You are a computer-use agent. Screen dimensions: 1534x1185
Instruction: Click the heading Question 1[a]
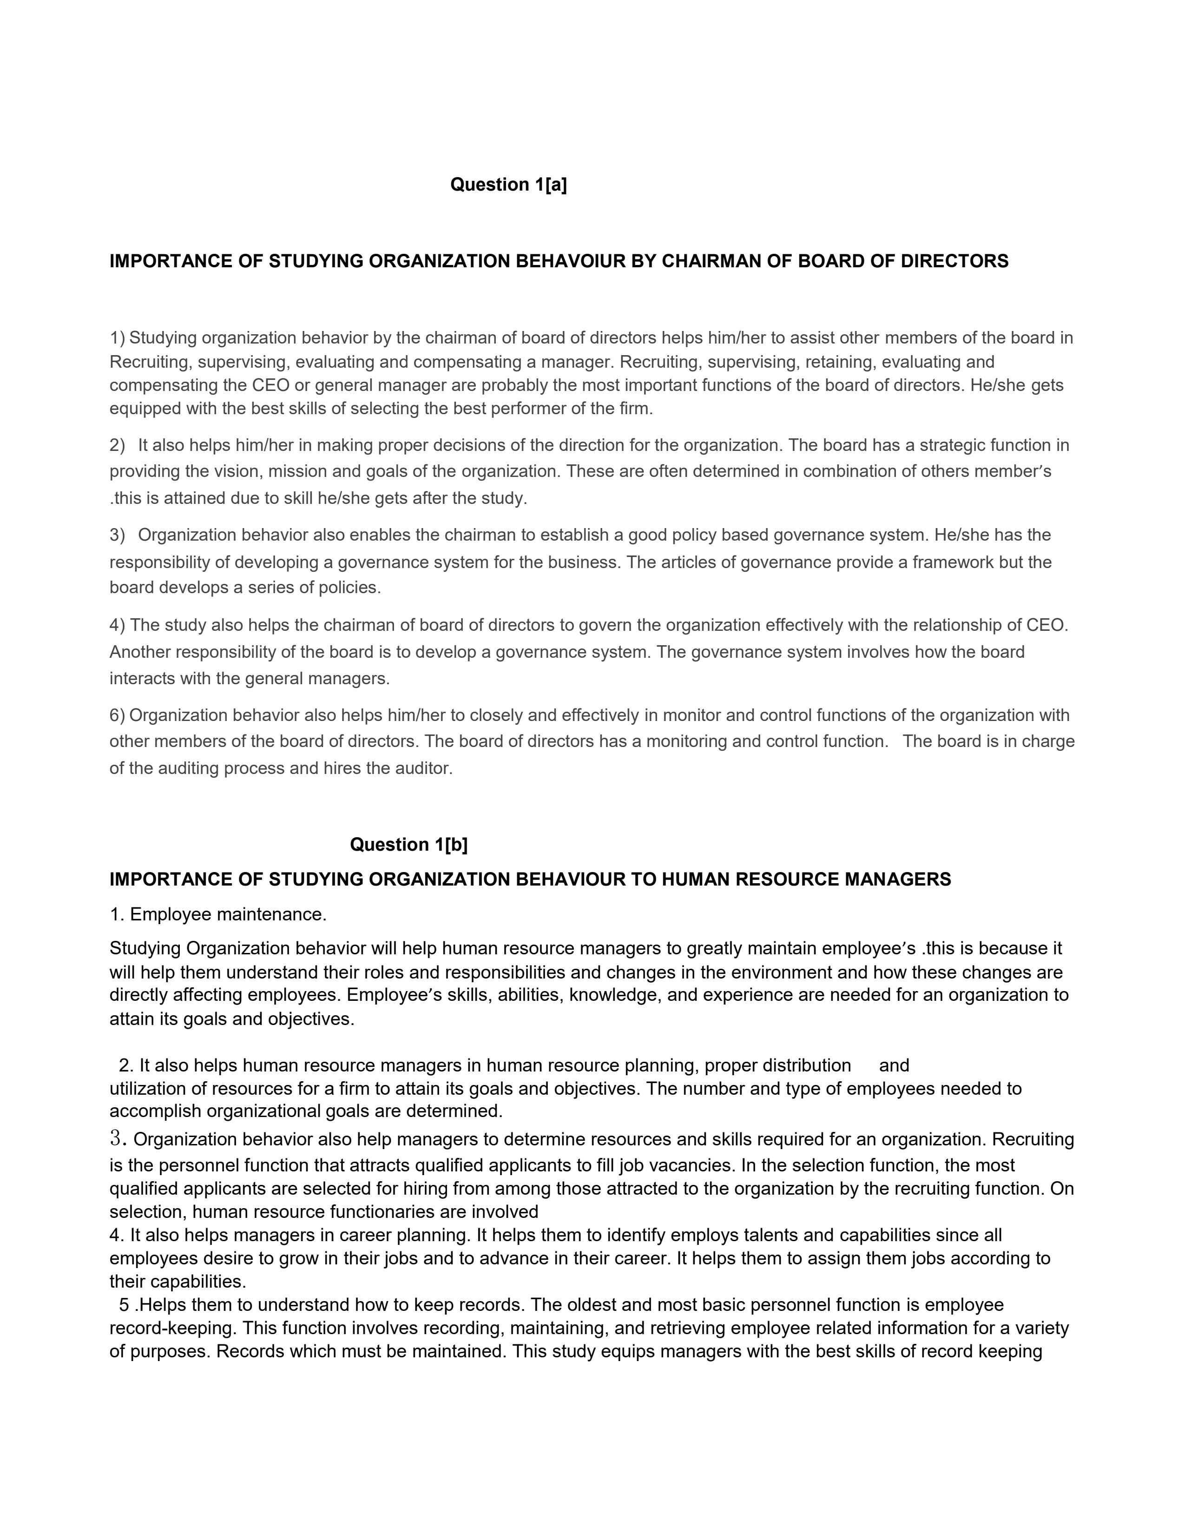(x=508, y=185)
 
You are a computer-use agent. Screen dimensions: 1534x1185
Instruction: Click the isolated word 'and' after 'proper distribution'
(x=894, y=1065)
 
